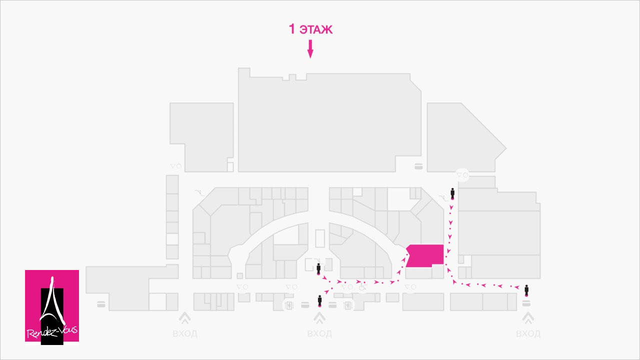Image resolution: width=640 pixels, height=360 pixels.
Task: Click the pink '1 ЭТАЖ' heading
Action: pos(310,29)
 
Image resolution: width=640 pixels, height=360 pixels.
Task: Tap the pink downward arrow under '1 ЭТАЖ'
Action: pos(310,49)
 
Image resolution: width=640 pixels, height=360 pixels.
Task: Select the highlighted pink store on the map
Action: pos(425,255)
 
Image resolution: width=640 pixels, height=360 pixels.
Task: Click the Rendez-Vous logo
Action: pos(52,307)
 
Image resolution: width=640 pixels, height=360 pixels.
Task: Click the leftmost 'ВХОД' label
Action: pos(185,333)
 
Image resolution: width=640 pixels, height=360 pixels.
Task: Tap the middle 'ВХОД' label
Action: pos(319,333)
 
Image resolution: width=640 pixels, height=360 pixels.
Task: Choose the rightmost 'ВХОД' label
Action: pos(528,333)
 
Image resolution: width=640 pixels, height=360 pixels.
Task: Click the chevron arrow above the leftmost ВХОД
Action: pos(185,318)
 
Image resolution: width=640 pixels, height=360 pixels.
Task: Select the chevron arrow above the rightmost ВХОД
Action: pos(528,318)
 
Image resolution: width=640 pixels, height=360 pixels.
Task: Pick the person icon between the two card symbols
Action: pos(319,301)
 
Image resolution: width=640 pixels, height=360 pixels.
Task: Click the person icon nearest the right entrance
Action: pos(526,290)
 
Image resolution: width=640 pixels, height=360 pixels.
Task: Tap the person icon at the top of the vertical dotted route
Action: pos(452,193)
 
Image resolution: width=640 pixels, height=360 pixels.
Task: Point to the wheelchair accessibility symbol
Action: pos(363,286)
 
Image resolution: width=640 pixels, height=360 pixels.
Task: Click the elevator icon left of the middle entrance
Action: pos(289,305)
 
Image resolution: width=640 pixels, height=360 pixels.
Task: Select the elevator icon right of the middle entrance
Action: pos(348,305)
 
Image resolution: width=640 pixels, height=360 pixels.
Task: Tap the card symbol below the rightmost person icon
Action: pos(526,303)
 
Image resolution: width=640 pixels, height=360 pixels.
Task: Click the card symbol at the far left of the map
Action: pos(101,304)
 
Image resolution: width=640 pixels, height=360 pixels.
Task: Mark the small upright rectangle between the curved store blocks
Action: pos(320,238)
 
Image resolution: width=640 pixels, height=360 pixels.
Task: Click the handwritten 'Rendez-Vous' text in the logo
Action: pos(52,332)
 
